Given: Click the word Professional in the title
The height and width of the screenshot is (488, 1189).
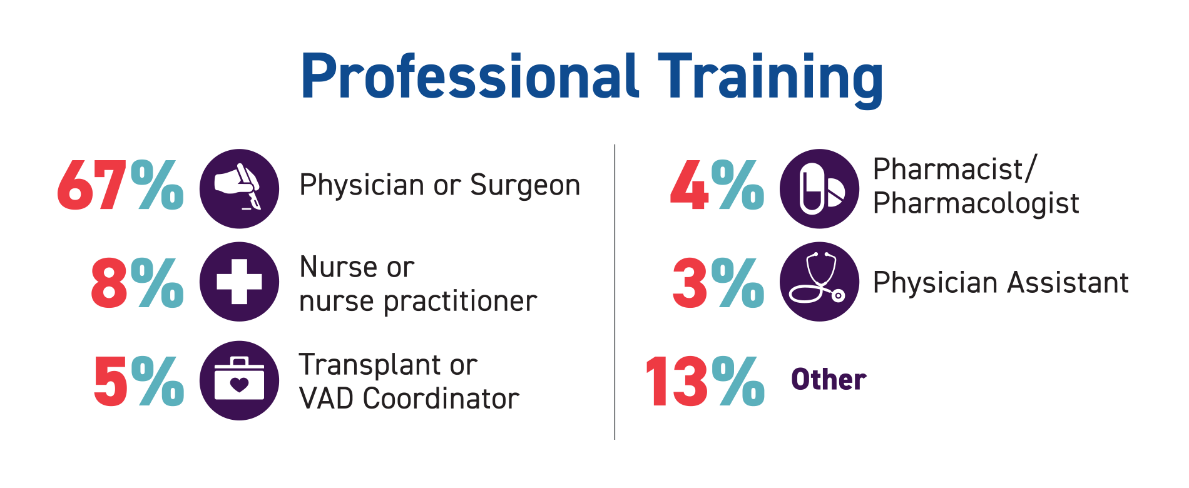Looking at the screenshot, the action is (470, 76).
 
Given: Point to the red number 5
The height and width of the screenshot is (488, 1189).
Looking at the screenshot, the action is (111, 382).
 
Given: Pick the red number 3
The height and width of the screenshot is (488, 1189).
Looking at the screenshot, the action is (690, 283).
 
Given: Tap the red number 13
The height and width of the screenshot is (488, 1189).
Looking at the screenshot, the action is (676, 382).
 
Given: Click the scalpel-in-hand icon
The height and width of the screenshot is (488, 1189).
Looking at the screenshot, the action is (239, 188).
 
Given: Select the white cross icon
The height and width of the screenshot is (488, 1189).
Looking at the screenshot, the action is (239, 282).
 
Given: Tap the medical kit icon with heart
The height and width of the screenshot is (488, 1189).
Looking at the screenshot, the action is (239, 380).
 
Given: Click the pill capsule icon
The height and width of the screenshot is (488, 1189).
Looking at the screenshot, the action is (819, 188).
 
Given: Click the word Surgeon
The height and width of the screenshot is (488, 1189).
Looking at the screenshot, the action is (525, 186).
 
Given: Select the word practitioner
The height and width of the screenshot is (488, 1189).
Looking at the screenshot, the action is (460, 302).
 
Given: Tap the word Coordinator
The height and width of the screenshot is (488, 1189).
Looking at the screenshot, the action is (441, 399).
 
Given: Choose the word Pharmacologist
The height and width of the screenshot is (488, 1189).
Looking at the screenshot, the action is (976, 204).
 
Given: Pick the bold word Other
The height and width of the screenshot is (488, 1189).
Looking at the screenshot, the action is (829, 379).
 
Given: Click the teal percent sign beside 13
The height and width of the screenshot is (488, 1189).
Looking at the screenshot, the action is (738, 381).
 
